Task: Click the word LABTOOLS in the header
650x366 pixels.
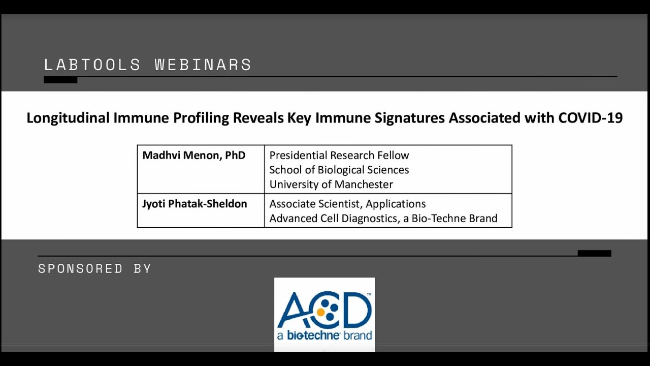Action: tap(92, 65)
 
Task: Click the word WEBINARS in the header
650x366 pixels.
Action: tap(203, 65)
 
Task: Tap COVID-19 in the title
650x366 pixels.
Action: tap(590, 117)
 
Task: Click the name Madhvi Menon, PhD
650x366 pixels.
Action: tap(194, 155)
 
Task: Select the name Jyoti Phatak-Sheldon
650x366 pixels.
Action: tap(194, 204)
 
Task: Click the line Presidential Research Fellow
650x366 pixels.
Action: tap(339, 155)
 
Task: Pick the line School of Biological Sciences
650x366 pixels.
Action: tap(339, 170)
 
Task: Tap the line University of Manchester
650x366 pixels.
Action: tap(331, 184)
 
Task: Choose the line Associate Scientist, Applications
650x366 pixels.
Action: tap(347, 204)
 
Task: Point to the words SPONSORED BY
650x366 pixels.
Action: tap(94, 268)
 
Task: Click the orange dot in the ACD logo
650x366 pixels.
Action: tap(320, 312)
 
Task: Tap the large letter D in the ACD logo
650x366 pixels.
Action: tap(356, 310)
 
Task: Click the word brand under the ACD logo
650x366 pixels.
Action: tap(357, 335)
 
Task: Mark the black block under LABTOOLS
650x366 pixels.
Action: tap(60, 80)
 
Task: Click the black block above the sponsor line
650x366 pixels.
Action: tap(594, 253)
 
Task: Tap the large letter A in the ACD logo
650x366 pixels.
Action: tap(292, 310)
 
